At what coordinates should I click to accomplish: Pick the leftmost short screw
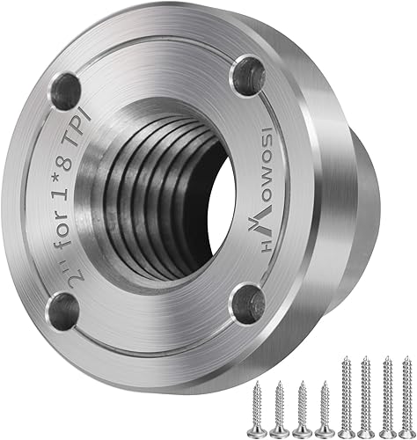click(257, 406)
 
